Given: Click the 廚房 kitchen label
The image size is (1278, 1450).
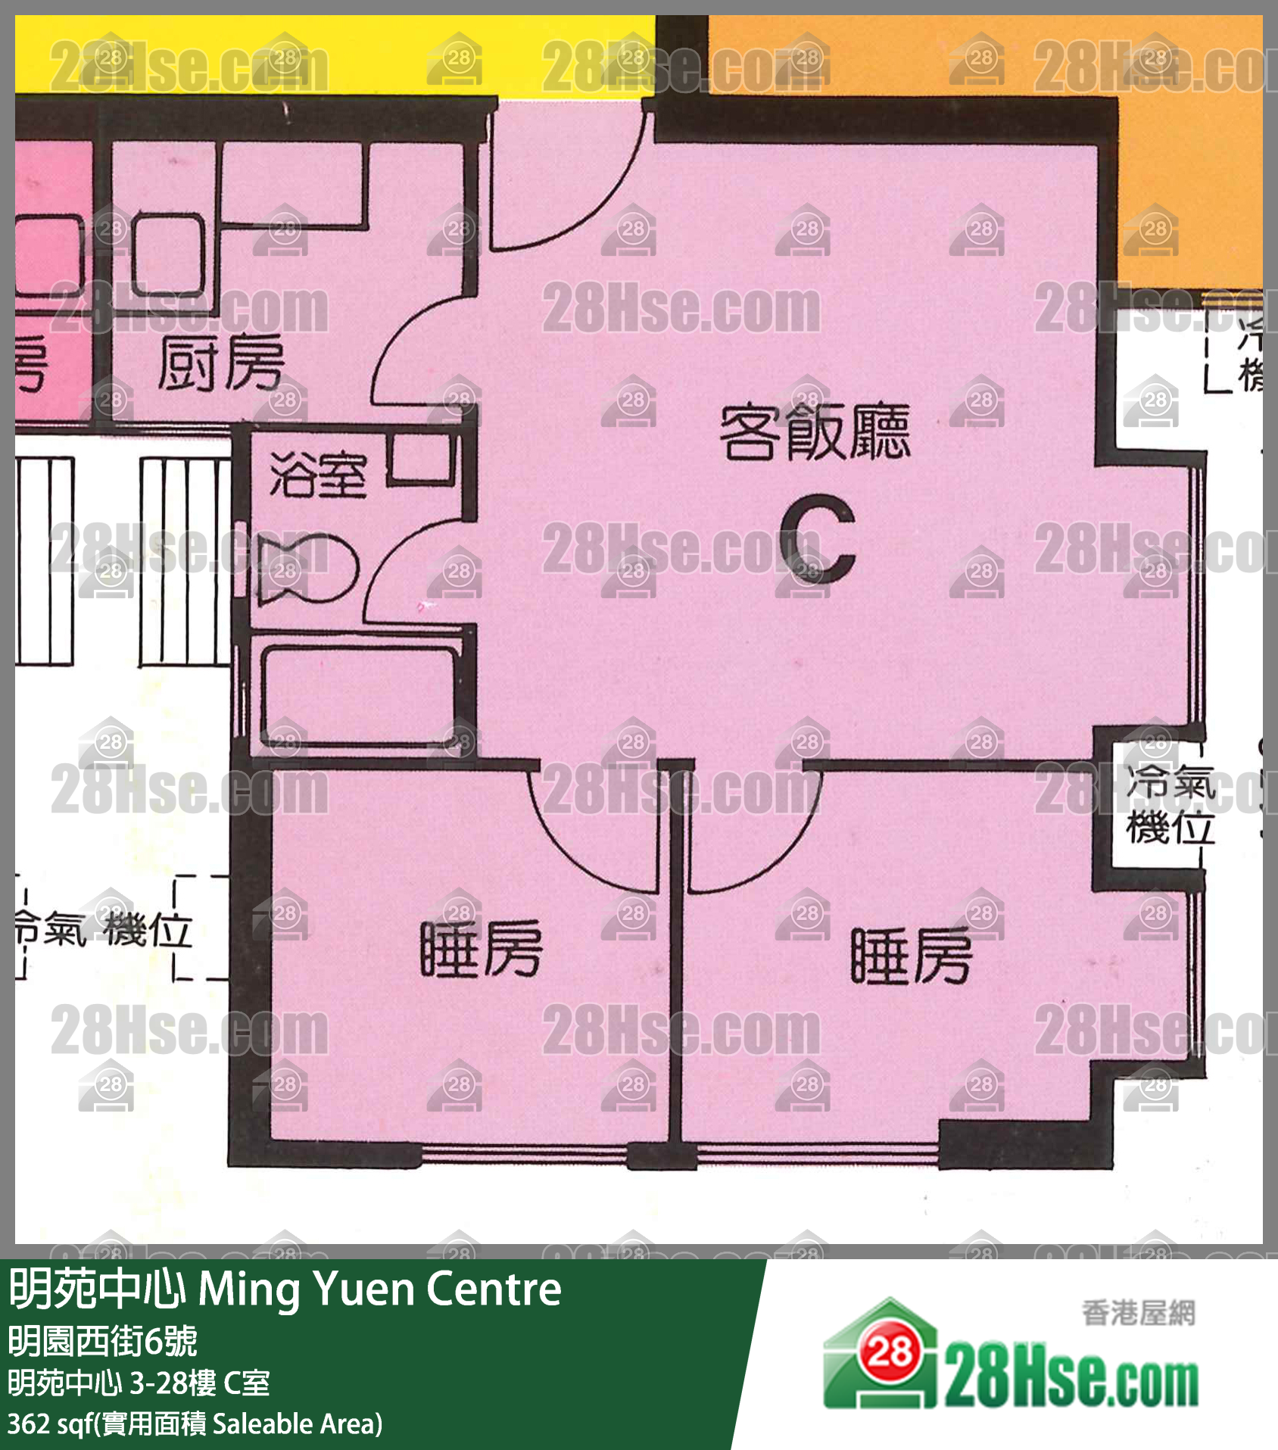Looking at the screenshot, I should (221, 364).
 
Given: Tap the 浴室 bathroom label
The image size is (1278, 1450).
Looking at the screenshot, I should (318, 475).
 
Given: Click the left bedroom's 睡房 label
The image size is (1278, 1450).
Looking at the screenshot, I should (482, 949).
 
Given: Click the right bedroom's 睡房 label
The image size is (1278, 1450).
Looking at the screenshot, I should (912, 956).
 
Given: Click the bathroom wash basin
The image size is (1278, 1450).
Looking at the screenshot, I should (421, 458).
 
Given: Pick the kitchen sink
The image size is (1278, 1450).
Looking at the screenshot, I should (169, 255).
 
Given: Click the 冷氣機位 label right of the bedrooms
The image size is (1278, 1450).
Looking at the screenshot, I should (1170, 804).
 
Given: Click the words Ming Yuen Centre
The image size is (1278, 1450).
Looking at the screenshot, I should (380, 1289).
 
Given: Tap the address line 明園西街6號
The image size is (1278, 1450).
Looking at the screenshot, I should (103, 1342).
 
